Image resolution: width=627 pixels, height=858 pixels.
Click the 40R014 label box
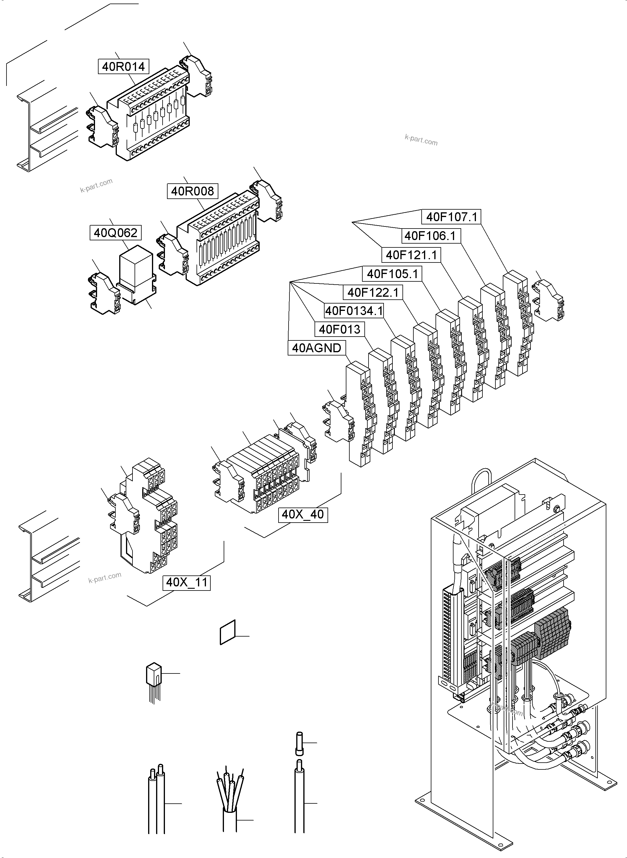(123, 66)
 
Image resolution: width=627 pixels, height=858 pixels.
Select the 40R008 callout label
(192, 191)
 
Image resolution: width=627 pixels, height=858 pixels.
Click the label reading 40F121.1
(411, 255)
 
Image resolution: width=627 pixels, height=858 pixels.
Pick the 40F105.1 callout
(392, 273)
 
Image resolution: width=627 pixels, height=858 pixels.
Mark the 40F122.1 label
(373, 293)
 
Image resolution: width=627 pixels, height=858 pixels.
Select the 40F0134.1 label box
(354, 311)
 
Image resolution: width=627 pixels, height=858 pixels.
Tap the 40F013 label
(339, 329)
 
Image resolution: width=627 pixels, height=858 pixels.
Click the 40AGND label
(317, 348)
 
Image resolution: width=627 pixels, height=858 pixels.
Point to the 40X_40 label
(303, 515)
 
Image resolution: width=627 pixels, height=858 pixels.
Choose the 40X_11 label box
(187, 582)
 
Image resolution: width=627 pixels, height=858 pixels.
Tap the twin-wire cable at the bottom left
(157, 801)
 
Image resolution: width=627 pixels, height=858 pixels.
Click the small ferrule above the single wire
(299, 743)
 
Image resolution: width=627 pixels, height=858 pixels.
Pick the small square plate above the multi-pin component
(228, 632)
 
